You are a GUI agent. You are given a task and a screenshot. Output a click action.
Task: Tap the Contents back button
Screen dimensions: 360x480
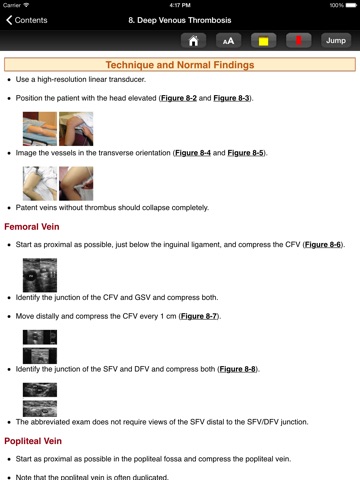(x=27, y=20)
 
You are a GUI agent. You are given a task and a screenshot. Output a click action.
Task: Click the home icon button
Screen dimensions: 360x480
(x=193, y=41)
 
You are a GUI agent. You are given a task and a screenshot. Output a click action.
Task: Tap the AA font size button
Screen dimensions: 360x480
(x=228, y=41)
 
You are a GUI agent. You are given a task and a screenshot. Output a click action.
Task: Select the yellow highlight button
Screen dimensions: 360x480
(x=263, y=41)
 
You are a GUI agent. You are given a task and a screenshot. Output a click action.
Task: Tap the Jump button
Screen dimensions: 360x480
(x=336, y=41)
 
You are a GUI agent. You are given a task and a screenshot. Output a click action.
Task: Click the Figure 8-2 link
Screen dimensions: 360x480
(x=179, y=98)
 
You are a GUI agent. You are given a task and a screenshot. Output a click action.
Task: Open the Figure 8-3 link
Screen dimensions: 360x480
(x=231, y=98)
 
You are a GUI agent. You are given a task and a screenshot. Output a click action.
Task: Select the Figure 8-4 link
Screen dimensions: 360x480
(x=193, y=153)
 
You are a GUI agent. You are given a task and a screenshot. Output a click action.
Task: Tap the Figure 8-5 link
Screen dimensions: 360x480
(x=245, y=153)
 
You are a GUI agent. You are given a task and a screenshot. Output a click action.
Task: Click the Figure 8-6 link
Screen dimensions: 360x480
(x=323, y=245)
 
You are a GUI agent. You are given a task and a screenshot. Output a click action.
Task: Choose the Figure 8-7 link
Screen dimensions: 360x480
(x=199, y=316)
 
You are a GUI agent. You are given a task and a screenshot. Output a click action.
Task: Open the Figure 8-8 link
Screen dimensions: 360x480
(x=238, y=369)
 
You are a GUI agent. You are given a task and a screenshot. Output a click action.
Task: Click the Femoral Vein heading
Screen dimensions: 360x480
(x=32, y=227)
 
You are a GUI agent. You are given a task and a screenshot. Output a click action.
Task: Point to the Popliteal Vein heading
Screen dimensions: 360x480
(x=33, y=441)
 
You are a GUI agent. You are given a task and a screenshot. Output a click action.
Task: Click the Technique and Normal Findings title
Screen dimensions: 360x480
(x=180, y=65)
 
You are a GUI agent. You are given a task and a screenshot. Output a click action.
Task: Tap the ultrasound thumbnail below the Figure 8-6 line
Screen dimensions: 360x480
(x=40, y=275)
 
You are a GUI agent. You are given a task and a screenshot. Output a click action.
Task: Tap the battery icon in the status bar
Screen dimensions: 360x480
(x=351, y=5)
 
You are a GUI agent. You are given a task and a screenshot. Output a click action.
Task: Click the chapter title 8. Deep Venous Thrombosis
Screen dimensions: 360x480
(x=180, y=20)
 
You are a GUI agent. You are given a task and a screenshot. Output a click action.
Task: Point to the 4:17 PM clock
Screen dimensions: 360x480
(x=180, y=5)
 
